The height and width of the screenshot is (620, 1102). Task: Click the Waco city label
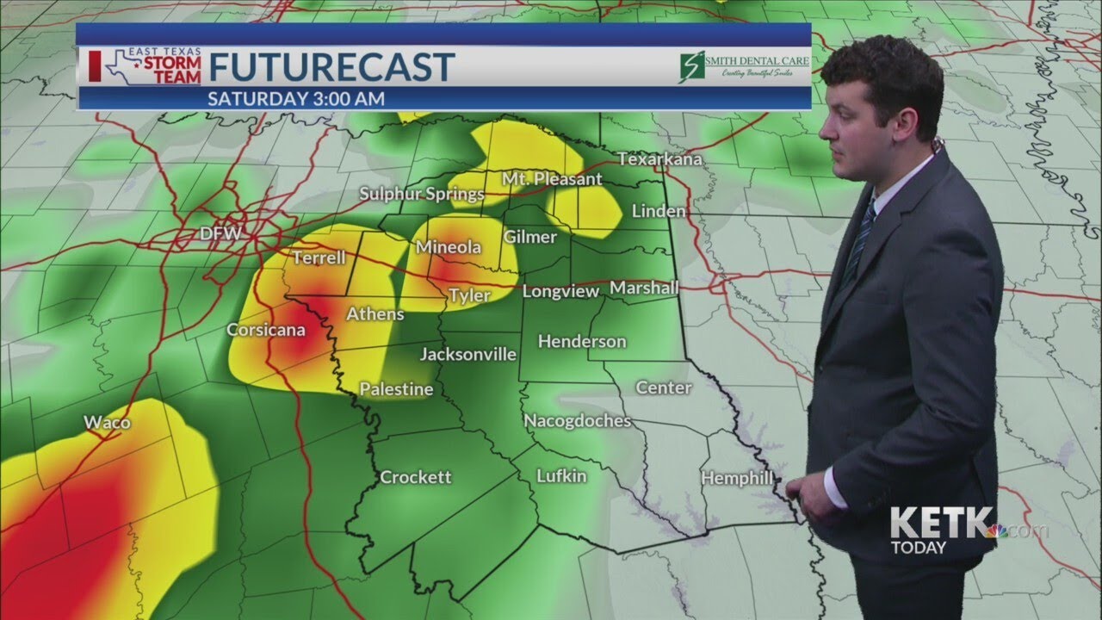(x=107, y=422)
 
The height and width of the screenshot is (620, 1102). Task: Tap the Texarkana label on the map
(x=660, y=159)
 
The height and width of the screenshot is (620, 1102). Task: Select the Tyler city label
(x=469, y=296)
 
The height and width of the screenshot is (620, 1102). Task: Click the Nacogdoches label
(x=578, y=421)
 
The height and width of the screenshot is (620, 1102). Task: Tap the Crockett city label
(x=415, y=477)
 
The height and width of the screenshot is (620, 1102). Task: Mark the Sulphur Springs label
(x=422, y=194)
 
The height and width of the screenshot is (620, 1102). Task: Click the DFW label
(x=220, y=233)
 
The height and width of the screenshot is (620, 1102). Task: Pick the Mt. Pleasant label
(x=553, y=179)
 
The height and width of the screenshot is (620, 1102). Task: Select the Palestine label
(x=396, y=389)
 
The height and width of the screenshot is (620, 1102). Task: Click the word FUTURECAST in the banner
(x=331, y=67)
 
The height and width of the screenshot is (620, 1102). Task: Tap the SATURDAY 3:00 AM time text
(x=296, y=98)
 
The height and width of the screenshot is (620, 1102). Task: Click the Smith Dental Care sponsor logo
(x=743, y=65)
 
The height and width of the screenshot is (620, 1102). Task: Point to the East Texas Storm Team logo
(x=146, y=66)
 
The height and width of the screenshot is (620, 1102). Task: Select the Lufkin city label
(x=561, y=475)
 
